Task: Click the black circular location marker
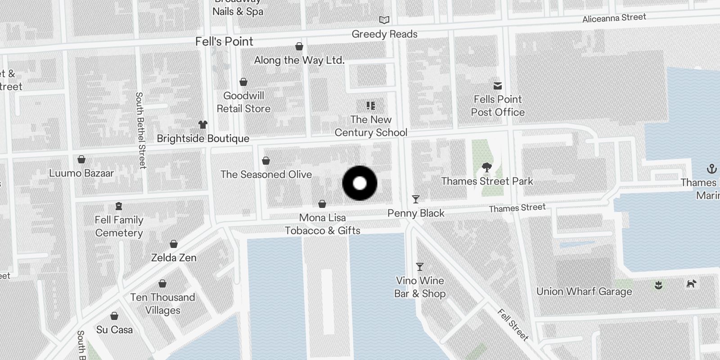tap(360, 183)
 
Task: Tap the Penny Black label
tap(416, 213)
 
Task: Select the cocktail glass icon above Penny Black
tap(416, 199)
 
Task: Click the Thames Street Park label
tap(487, 181)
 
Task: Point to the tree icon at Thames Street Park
tap(486, 168)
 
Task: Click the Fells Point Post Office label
tap(498, 106)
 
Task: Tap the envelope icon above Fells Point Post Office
tap(498, 85)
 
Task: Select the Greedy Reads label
tap(384, 34)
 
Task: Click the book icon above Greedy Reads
tap(384, 20)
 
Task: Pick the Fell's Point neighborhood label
tap(224, 41)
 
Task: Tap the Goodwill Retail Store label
tap(243, 102)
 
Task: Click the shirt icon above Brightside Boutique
tap(203, 125)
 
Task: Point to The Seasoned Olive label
tap(266, 175)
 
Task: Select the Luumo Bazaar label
tap(81, 173)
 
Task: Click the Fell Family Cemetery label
tap(119, 226)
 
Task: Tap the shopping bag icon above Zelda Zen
tap(174, 244)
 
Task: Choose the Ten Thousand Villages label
tap(162, 304)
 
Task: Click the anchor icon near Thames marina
tap(711, 169)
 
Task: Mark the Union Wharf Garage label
tap(584, 292)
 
